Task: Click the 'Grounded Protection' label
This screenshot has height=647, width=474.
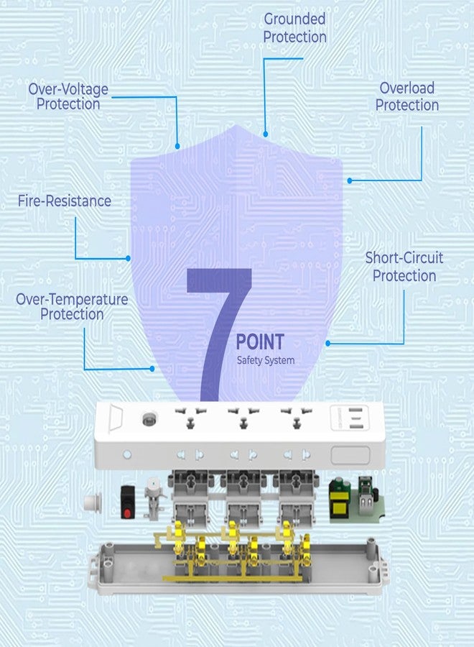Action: click(294, 27)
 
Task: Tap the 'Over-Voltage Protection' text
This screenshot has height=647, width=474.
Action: click(68, 96)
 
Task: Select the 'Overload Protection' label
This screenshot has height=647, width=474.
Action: click(406, 96)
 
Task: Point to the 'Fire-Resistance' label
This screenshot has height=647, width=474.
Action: click(65, 201)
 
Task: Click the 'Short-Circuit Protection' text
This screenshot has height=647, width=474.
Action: click(404, 267)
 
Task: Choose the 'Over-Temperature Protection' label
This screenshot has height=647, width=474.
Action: click(72, 306)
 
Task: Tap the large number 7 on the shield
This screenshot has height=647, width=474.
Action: click(219, 334)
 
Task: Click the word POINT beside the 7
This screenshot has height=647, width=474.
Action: click(260, 341)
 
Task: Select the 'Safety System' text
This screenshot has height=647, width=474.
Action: click(266, 360)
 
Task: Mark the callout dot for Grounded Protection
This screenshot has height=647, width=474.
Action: click(266, 134)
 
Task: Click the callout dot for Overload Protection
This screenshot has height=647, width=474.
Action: click(350, 180)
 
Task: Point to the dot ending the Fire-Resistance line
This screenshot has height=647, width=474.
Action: click(128, 258)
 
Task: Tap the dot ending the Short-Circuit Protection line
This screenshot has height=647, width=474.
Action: click(327, 344)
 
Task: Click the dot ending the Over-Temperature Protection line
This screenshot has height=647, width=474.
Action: click(152, 369)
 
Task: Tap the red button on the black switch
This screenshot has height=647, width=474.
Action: click(127, 513)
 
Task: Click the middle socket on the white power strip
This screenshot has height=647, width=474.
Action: click(243, 417)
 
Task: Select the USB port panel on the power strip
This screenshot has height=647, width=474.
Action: click(350, 418)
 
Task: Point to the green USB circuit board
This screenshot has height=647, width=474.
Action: click(356, 500)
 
